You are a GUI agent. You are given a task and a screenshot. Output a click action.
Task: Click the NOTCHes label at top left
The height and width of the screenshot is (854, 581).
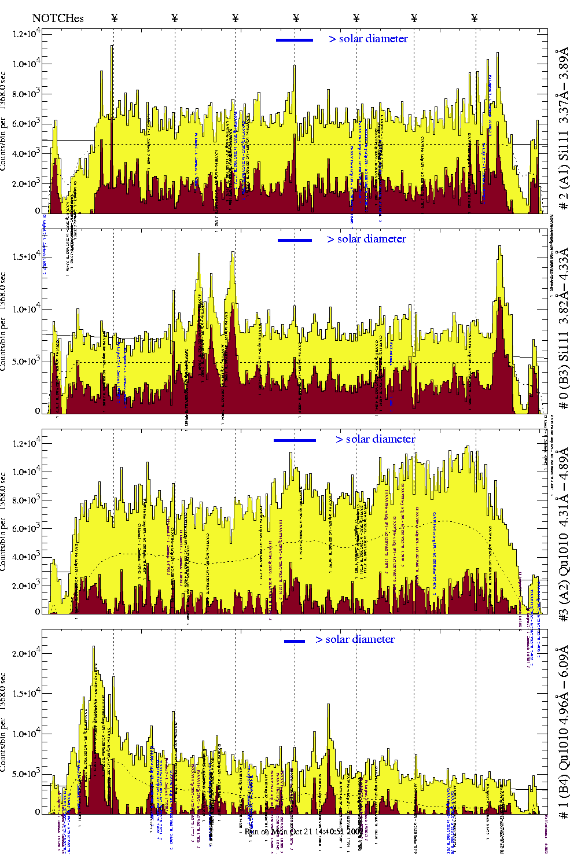[58, 19]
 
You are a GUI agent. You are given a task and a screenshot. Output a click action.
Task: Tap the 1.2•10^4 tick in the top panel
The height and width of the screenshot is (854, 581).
[26, 34]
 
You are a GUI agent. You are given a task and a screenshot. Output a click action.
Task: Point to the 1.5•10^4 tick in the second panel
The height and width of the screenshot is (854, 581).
[26, 256]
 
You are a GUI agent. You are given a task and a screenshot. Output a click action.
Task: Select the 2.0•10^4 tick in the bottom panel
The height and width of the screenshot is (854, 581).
[26, 653]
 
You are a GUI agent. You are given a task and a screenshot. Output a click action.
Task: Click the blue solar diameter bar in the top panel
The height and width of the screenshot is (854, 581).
[295, 40]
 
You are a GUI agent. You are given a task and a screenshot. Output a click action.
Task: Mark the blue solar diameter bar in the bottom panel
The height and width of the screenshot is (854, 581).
[295, 640]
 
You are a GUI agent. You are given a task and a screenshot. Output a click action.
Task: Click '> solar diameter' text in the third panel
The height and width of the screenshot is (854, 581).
[375, 439]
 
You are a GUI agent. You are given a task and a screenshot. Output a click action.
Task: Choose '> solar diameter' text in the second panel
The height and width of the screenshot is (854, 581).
[366, 239]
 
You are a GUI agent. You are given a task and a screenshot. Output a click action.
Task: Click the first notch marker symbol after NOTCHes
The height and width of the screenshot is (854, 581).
[114, 18]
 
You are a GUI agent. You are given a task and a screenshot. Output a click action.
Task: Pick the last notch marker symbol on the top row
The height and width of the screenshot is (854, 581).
[475, 18]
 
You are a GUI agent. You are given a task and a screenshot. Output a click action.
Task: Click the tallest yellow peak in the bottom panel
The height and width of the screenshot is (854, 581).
[94, 648]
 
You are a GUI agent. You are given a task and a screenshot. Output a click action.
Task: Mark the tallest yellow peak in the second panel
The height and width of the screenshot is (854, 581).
[499, 248]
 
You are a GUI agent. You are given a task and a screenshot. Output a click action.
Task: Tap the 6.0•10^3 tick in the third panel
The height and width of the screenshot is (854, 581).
[26, 528]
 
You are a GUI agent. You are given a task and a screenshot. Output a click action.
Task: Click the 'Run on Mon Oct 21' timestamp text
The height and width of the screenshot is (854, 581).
[304, 831]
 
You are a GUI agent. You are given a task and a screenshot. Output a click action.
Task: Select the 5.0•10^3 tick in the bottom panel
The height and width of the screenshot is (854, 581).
[26, 774]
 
